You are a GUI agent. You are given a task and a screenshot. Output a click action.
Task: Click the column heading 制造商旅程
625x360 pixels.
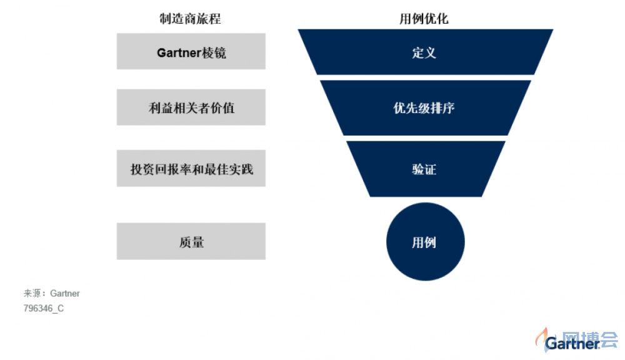190,19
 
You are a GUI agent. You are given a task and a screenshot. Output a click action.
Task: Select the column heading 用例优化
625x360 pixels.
424,19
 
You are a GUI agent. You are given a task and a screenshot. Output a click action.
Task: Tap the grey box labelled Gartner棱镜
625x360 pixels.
191,51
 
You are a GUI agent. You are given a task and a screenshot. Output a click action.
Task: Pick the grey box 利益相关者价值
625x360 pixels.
191,107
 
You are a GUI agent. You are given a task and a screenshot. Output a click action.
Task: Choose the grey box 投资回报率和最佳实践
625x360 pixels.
191,168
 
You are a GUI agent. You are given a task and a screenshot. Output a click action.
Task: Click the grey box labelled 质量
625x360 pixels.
191,241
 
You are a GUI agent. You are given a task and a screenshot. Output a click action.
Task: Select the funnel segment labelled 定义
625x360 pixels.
425,52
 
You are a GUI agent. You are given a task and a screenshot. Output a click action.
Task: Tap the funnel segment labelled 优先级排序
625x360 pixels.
425,107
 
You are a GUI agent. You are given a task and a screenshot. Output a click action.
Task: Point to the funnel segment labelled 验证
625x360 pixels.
425,169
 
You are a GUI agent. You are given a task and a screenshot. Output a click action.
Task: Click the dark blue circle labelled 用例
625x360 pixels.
425,242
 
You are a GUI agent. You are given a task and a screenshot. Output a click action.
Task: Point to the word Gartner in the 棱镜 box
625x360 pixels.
179,52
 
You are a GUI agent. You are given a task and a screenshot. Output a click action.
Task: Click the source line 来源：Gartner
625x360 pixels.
51,293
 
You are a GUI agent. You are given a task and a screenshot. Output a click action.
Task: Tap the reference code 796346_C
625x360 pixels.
44,308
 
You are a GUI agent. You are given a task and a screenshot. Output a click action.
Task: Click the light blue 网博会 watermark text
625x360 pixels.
590,339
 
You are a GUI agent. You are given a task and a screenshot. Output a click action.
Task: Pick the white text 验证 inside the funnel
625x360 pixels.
424,169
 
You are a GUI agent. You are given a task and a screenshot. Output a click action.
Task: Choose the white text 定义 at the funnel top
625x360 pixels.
424,52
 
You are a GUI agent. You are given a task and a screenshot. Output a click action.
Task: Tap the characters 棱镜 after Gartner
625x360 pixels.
214,52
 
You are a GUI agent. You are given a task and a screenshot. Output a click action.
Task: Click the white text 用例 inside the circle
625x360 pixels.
424,242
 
